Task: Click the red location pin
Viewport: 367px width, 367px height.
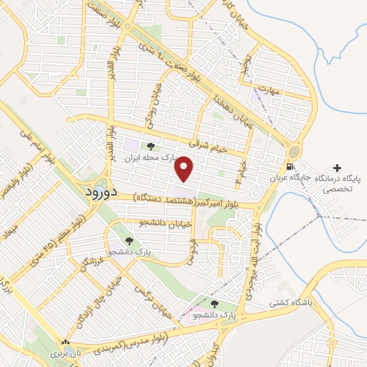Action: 186,169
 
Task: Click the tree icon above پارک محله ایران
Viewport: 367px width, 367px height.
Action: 150,147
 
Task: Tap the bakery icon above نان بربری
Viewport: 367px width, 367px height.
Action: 66,343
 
